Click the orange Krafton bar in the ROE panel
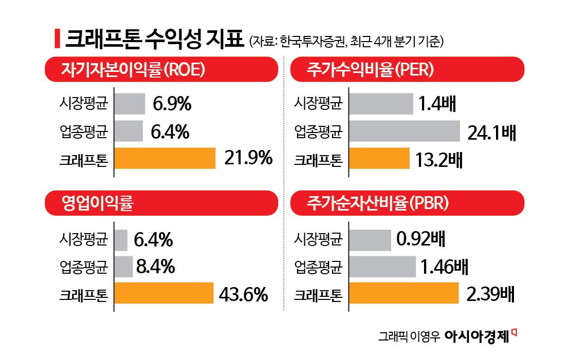click(164, 158)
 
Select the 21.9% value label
click(248, 159)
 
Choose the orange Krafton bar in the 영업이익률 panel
click(163, 293)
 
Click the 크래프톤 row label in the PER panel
click(318, 159)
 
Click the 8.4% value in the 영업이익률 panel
click(156, 267)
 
